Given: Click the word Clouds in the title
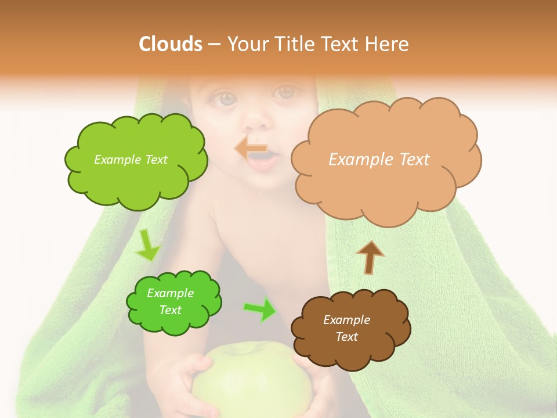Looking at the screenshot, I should tap(170, 44).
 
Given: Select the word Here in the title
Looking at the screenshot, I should tap(388, 44).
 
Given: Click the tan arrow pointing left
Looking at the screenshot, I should tap(251, 149).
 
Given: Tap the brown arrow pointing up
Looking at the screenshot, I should tap(370, 257).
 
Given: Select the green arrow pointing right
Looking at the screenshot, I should tap(261, 309).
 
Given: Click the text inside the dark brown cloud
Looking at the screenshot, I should tap(346, 328).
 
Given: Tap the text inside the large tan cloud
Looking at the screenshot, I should tap(379, 160).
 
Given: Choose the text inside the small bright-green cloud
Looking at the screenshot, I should tap(170, 302).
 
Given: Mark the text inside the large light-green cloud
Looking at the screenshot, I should tap(131, 160).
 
